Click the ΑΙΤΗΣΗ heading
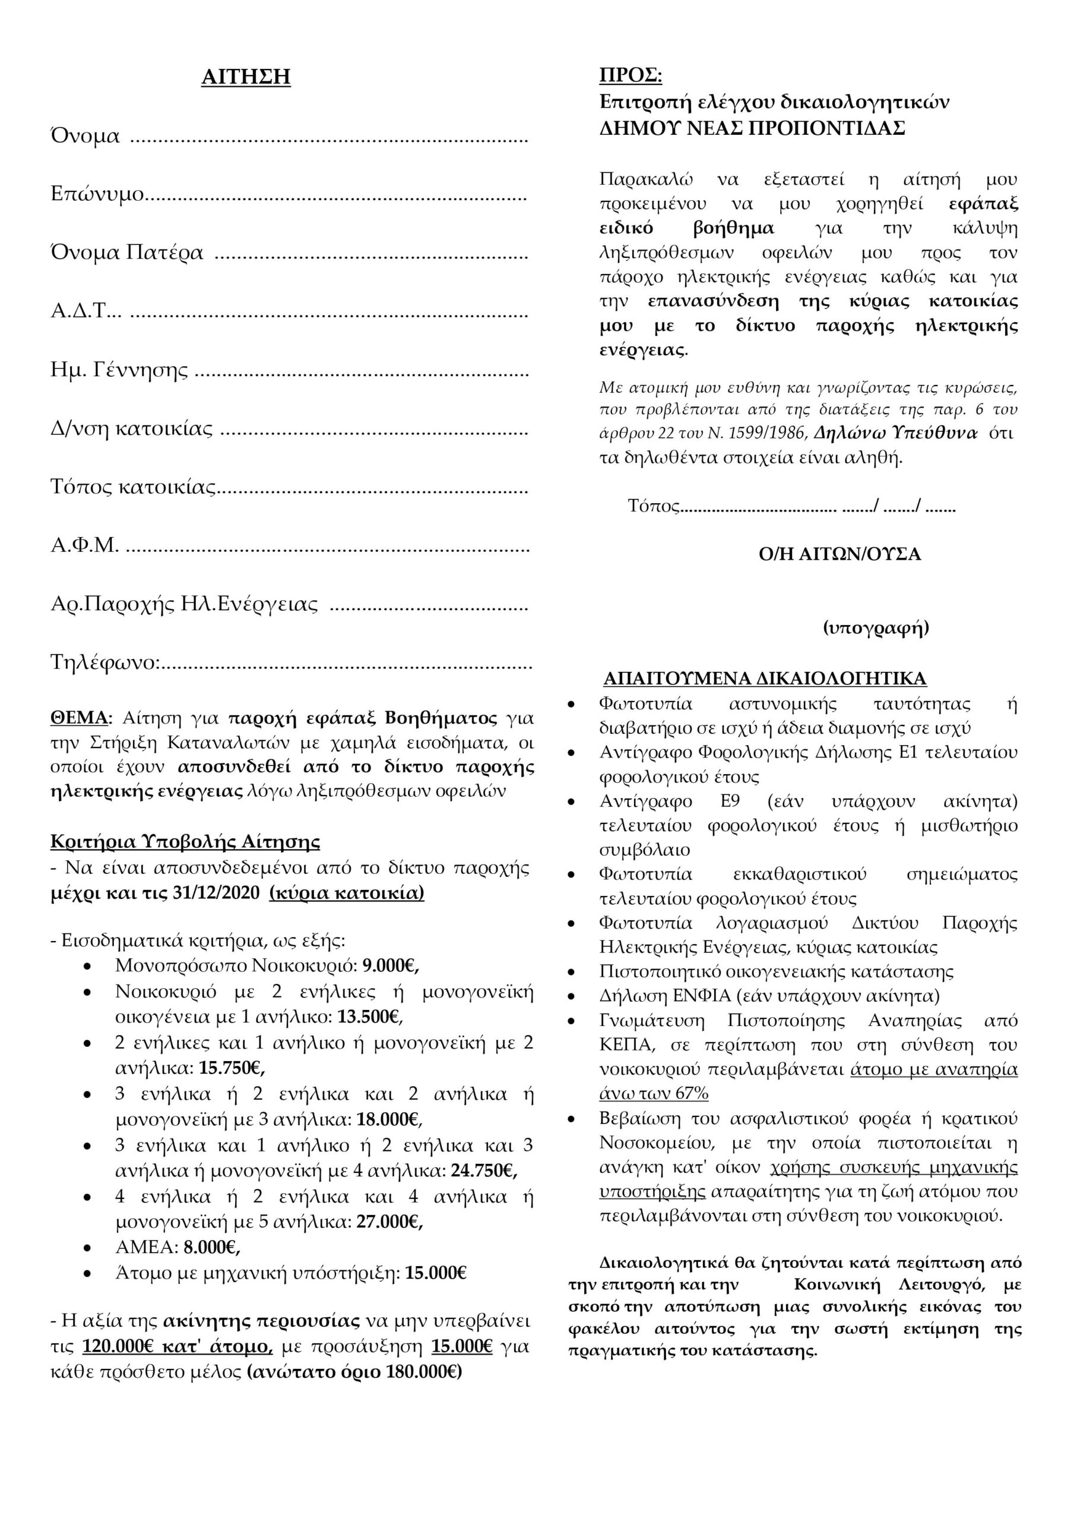(x=246, y=77)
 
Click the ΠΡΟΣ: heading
(x=631, y=75)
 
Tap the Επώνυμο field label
(x=97, y=195)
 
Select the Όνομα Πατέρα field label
(x=126, y=253)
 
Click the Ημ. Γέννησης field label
(x=119, y=370)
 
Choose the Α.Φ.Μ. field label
(x=85, y=545)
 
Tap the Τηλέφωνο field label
(x=104, y=662)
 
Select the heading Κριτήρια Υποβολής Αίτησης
(x=185, y=842)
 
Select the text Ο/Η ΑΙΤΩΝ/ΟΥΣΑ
(x=839, y=554)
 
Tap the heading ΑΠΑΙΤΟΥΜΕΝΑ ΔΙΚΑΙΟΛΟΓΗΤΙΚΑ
(x=765, y=679)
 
